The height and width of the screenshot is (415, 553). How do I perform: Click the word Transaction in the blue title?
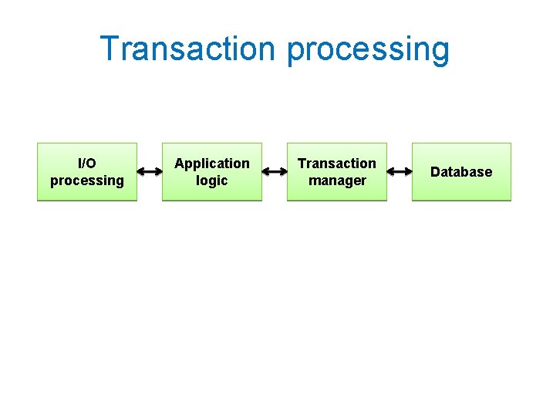pos(187,49)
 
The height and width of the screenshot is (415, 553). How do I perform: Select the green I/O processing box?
pos(87,172)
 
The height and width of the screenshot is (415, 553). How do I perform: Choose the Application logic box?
pos(212,172)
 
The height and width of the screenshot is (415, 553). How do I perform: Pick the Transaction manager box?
pos(337,172)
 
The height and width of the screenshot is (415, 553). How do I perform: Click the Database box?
pos(461,172)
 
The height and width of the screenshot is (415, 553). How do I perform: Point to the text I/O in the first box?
pos(87,164)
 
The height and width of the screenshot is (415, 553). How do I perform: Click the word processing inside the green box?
pos(87,181)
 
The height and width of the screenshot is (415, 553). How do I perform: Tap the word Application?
pos(212,164)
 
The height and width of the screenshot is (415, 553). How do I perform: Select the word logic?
pos(212,181)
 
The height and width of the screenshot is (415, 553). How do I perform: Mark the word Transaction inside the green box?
pos(337,164)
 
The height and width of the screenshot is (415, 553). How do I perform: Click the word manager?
pos(337,181)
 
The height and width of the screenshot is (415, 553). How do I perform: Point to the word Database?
pos(461,172)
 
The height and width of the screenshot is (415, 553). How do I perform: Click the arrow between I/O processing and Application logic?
pos(150,172)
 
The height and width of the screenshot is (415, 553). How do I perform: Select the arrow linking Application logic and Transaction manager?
pos(275,172)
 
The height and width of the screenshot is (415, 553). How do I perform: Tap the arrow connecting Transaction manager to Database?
pos(400,172)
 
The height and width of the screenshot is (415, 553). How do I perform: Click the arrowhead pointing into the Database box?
pos(408,172)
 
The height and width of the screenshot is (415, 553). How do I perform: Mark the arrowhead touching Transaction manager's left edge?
pos(283,172)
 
